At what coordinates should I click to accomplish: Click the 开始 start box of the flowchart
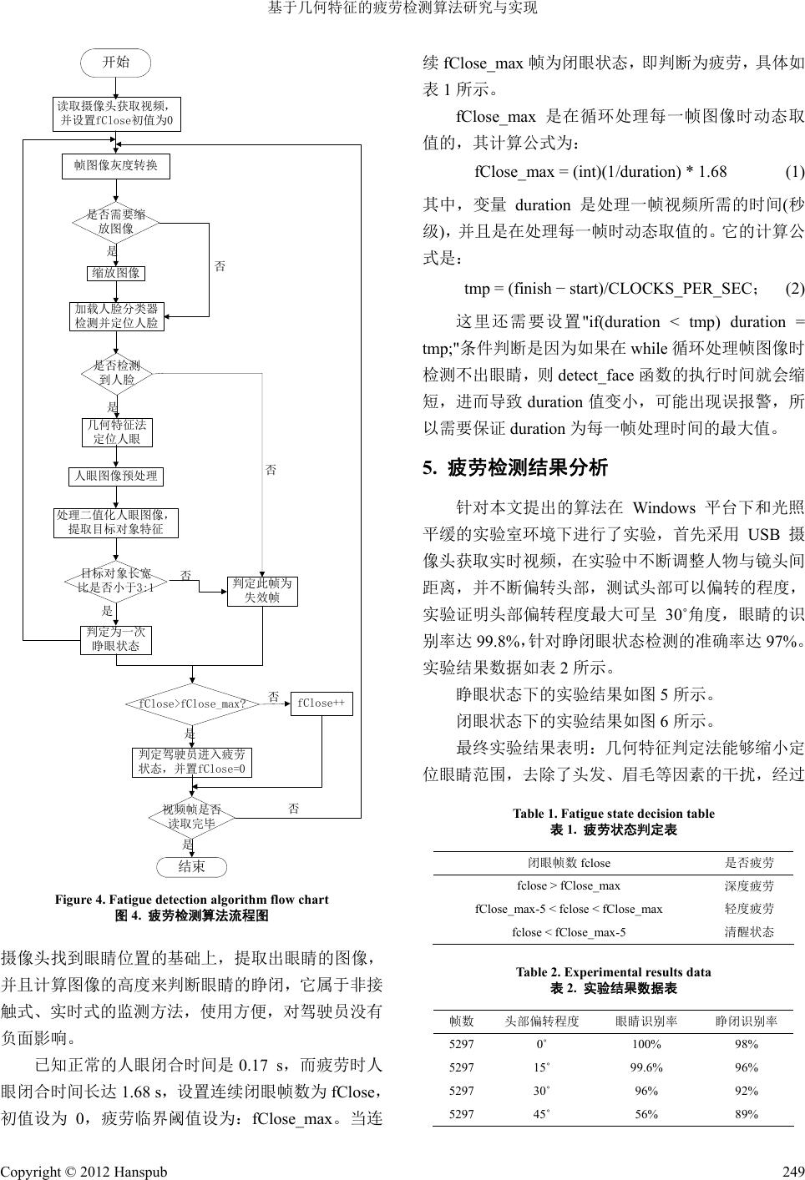pyautogui.click(x=115, y=63)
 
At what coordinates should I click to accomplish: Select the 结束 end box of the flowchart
pyautogui.click(x=191, y=866)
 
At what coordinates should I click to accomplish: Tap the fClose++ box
pyautogui.click(x=321, y=703)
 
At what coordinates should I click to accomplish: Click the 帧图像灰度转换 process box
pyautogui.click(x=116, y=166)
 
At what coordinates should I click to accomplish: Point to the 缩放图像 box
pyautogui.click(x=116, y=273)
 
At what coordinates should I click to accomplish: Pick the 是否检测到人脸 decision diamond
pyautogui.click(x=117, y=374)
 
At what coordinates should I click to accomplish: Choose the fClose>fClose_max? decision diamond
pyautogui.click(x=192, y=703)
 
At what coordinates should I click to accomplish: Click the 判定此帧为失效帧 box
pyautogui.click(x=262, y=591)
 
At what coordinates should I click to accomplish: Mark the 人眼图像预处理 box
pyautogui.click(x=116, y=477)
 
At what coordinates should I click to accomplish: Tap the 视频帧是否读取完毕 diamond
pyautogui.click(x=192, y=817)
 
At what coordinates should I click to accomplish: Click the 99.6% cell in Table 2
pyautogui.click(x=646, y=1067)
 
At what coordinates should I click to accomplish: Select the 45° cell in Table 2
pyautogui.click(x=540, y=1114)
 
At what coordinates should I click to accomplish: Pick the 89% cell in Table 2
pyautogui.click(x=747, y=1114)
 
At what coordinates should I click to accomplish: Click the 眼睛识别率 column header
pyautogui.click(x=646, y=1021)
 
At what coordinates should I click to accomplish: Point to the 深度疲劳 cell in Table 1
pyautogui.click(x=749, y=886)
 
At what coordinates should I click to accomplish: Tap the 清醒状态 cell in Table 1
pyautogui.click(x=749, y=932)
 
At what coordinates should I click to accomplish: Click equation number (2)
pyautogui.click(x=795, y=289)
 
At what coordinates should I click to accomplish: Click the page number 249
pyautogui.click(x=793, y=1171)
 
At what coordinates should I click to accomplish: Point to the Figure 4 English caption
pyautogui.click(x=192, y=900)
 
